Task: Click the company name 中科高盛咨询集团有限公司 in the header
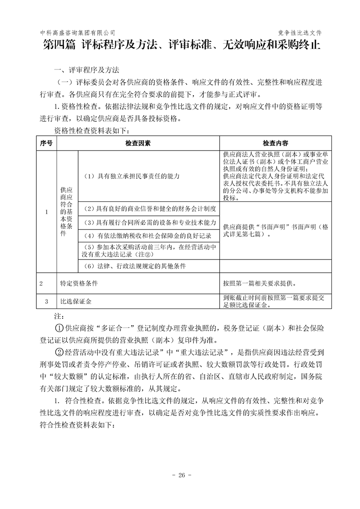tap(78, 33)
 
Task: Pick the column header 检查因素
tap(138, 143)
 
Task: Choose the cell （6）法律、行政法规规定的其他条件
tap(135, 265)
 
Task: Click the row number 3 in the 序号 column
tap(46, 301)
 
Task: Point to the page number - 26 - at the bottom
tap(180, 475)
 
